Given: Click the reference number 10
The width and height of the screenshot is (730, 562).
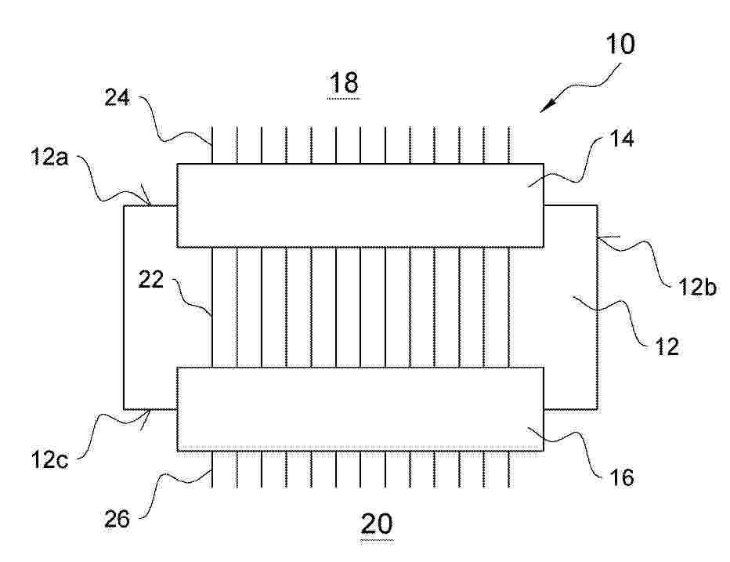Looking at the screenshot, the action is pyautogui.click(x=620, y=44).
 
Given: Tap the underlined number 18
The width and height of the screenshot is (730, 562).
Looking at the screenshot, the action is pyautogui.click(x=344, y=84).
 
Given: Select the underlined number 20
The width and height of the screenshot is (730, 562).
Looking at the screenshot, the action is pyautogui.click(x=377, y=524).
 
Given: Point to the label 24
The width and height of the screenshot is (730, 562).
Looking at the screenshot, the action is pyautogui.click(x=117, y=97).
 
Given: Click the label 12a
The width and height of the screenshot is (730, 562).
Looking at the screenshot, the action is pyautogui.click(x=49, y=157).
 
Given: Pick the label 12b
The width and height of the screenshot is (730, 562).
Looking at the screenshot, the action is pyautogui.click(x=697, y=286).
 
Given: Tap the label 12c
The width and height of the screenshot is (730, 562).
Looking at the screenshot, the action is pyautogui.click(x=49, y=459).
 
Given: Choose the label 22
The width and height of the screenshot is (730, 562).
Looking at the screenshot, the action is pyautogui.click(x=151, y=280).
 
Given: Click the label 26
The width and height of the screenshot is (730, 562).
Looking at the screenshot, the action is pyautogui.click(x=117, y=519).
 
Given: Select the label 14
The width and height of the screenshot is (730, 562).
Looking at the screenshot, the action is pyautogui.click(x=621, y=139).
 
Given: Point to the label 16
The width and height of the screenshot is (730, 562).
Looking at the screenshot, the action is pyautogui.click(x=621, y=477).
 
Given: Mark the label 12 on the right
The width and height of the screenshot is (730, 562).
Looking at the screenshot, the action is pyautogui.click(x=667, y=346).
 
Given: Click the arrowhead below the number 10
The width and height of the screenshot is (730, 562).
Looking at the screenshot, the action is pyautogui.click(x=547, y=107).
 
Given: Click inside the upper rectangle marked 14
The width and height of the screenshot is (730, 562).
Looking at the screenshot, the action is pyautogui.click(x=360, y=205).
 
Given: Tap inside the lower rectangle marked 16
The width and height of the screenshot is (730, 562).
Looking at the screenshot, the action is pyautogui.click(x=360, y=409).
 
